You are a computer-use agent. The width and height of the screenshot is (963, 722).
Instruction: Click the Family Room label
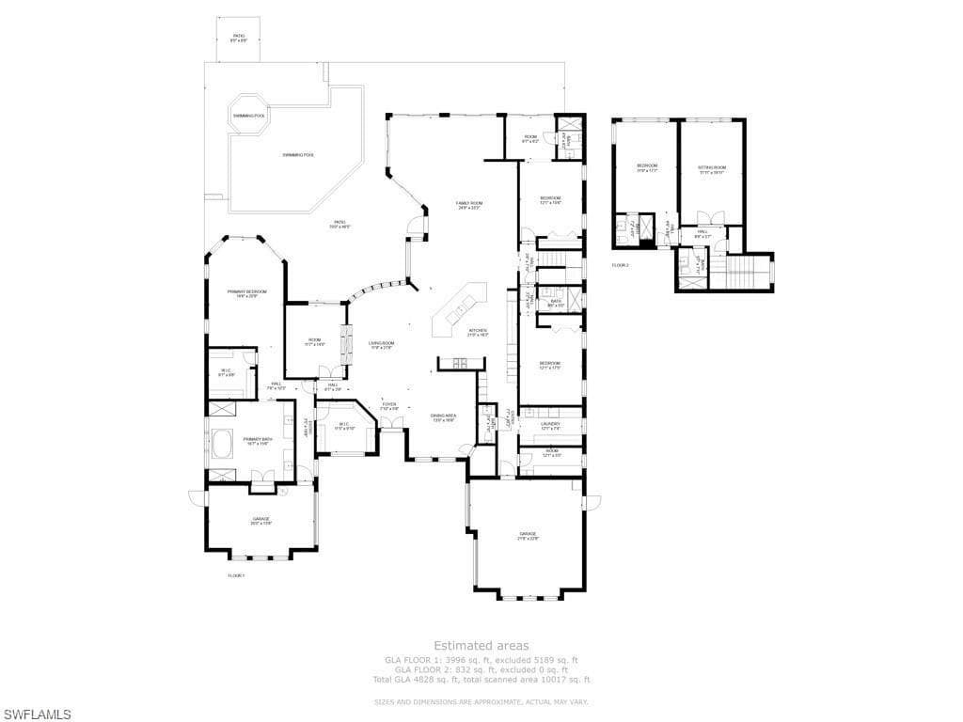click(x=468, y=205)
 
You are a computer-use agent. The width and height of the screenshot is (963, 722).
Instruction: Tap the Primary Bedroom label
click(x=246, y=293)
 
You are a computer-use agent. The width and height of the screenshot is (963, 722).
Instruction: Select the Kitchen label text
click(x=478, y=332)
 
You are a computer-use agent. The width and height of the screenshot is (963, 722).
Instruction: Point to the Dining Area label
click(x=443, y=416)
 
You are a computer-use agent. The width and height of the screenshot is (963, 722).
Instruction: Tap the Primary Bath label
click(x=257, y=441)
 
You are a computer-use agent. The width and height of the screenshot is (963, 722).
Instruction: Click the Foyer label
click(x=389, y=405)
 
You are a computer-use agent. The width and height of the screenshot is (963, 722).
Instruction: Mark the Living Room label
click(x=381, y=345)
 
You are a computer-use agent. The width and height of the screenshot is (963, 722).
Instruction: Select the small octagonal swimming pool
click(x=249, y=115)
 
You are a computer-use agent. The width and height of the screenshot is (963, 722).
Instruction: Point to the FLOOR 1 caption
click(x=236, y=575)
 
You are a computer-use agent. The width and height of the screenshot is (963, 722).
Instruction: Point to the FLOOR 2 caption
click(x=620, y=265)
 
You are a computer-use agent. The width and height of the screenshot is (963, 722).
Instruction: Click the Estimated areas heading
click(x=481, y=646)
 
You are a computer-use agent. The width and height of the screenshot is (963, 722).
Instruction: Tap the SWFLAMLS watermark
click(x=37, y=714)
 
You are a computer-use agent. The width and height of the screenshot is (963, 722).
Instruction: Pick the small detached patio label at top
click(x=239, y=38)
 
